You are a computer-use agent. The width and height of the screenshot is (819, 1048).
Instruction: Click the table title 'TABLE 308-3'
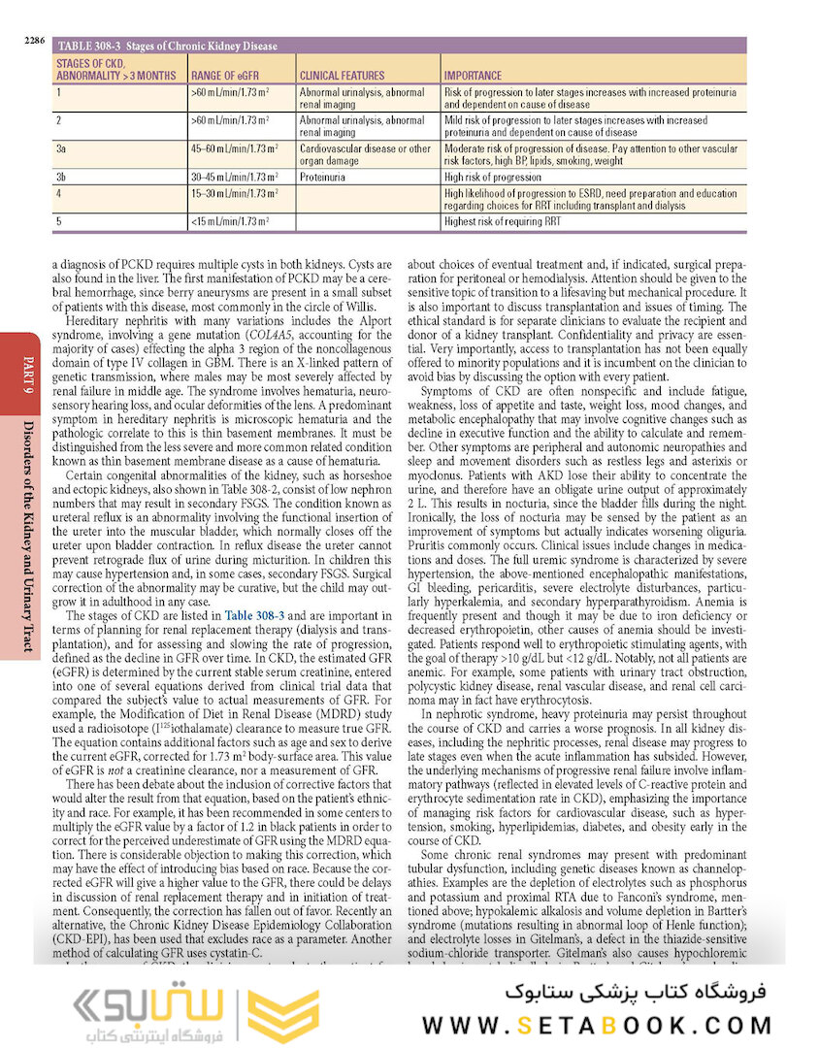90,46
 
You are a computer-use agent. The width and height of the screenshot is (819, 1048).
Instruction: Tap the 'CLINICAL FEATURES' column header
342,75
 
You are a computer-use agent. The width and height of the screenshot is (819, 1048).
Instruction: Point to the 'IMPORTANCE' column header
473,75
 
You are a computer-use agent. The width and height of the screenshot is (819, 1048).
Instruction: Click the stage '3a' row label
61,148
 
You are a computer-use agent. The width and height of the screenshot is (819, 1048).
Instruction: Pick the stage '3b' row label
61,178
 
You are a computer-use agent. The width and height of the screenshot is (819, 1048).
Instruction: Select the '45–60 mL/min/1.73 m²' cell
230,148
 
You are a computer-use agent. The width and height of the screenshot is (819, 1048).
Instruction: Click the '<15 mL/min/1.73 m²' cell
229,222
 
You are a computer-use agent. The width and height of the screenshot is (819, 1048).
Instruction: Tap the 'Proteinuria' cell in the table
322,178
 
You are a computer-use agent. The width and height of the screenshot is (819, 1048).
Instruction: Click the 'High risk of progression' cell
492,178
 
